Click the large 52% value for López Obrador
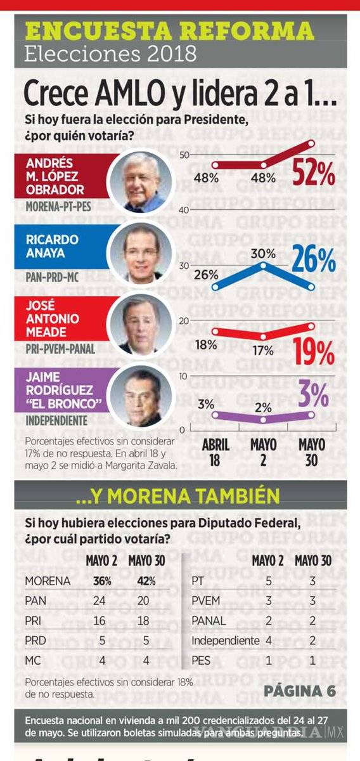[x=313, y=172]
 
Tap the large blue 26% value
[x=313, y=259]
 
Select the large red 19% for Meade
[x=313, y=353]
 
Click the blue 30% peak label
[x=263, y=253]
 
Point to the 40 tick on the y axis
[x=183, y=210]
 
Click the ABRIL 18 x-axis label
[x=215, y=452]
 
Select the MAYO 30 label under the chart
[x=312, y=452]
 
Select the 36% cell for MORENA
[x=99, y=581]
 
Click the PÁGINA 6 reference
[x=299, y=691]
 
